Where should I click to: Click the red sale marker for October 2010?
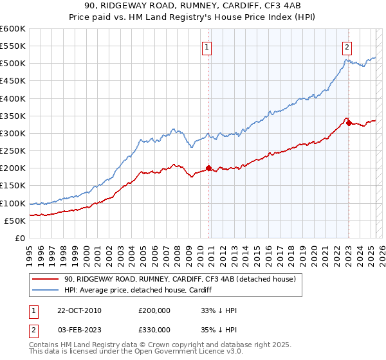[x=209, y=168]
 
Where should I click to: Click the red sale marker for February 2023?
[x=349, y=123]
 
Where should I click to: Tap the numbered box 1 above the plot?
[x=207, y=46]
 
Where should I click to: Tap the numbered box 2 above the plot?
[x=347, y=46]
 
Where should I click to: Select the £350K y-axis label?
[x=13, y=116]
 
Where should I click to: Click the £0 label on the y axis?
[x=19, y=239]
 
